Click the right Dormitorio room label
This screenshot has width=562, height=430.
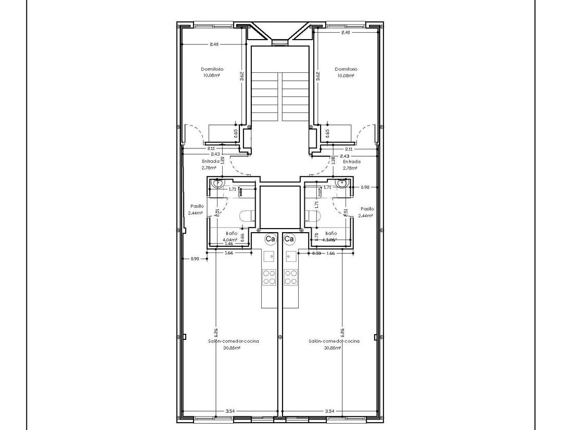point(346,69)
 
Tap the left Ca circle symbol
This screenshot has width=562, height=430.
point(270,239)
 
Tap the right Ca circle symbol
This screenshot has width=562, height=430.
point(289,239)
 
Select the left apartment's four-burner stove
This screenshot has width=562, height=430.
point(269,277)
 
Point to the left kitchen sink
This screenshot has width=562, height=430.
point(269,257)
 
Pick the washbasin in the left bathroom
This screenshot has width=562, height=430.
point(218,183)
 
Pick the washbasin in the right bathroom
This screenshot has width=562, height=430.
point(342,183)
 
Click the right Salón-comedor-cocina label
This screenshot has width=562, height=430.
point(334,341)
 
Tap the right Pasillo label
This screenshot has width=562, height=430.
point(367,208)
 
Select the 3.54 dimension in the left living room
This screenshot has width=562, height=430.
point(229,411)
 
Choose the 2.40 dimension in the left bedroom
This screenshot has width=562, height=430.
point(214,44)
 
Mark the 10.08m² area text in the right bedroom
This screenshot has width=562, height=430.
point(346,75)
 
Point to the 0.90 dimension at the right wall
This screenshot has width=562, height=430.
point(365,187)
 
